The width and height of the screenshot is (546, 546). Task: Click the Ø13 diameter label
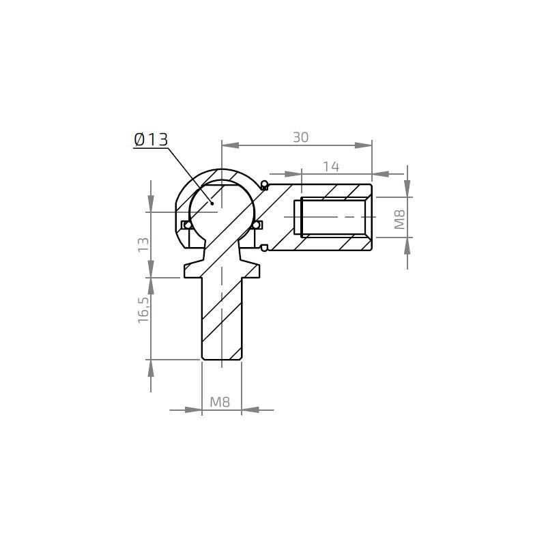150,140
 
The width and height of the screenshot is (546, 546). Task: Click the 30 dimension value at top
300,137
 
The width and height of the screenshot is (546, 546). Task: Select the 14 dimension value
331,166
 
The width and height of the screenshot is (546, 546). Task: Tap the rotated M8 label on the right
400,218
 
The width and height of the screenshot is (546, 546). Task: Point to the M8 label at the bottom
220,403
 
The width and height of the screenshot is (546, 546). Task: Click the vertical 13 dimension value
143,245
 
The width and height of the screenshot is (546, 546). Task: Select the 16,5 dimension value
143,309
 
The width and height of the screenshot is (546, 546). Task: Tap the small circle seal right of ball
257,225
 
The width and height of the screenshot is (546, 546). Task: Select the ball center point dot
213,203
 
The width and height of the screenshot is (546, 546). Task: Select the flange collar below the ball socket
222,268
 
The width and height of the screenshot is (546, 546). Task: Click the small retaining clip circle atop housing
264,183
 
